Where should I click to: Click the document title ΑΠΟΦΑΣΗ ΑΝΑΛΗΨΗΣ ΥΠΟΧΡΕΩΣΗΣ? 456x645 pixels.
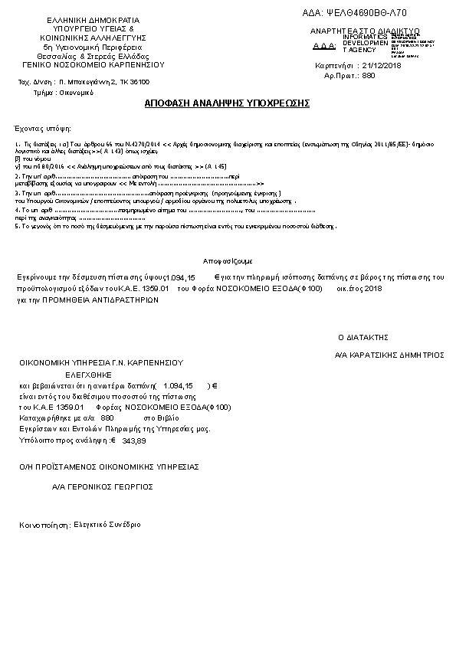click(x=227, y=103)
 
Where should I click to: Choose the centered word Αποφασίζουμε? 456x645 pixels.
click(x=228, y=261)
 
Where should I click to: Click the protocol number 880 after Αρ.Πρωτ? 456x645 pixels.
click(x=368, y=77)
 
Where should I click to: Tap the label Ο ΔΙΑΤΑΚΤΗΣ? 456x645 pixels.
click(x=364, y=336)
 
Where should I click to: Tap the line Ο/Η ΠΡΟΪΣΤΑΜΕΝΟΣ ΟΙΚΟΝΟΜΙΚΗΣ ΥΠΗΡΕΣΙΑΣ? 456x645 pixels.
click(x=109, y=466)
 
